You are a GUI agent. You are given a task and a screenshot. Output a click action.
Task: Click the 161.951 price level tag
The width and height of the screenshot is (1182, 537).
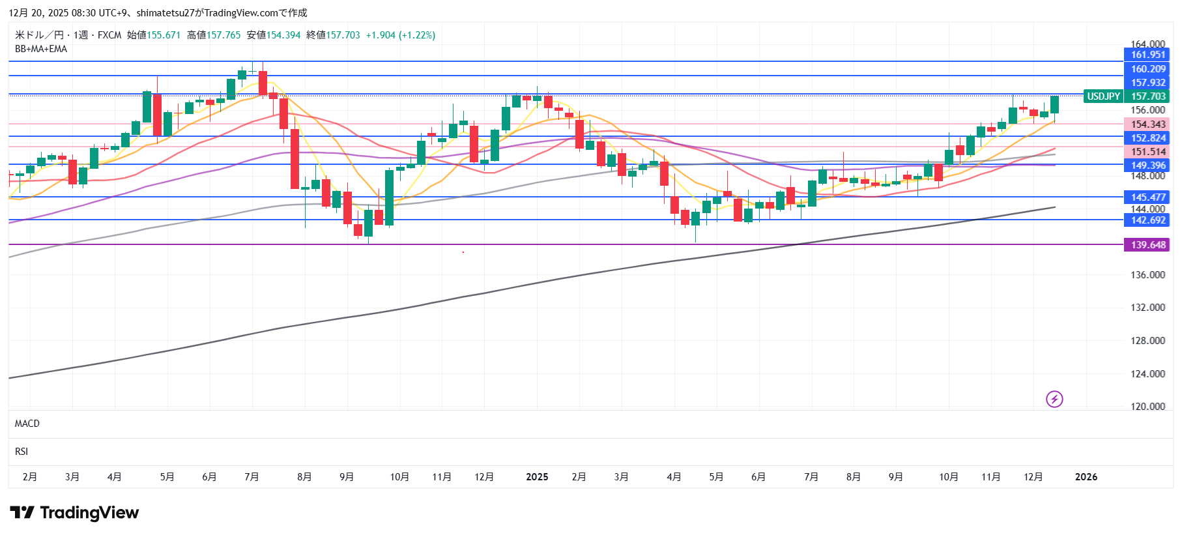pos(1147,55)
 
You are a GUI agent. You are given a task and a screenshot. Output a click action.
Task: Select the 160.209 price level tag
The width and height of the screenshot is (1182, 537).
pos(1147,69)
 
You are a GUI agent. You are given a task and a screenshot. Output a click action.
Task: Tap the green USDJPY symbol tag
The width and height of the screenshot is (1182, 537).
pos(1103,96)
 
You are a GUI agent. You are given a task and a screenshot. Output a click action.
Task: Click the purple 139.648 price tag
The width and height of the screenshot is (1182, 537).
pos(1147,245)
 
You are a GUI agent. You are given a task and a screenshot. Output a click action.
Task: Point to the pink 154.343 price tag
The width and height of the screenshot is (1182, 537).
pos(1147,124)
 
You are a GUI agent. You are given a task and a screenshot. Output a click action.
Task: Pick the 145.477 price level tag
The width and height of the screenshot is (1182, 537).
pos(1147,197)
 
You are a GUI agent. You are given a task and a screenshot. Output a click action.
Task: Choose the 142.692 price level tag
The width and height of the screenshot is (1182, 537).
pos(1147,220)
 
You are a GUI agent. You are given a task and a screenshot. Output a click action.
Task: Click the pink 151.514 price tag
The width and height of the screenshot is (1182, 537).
pos(1147,152)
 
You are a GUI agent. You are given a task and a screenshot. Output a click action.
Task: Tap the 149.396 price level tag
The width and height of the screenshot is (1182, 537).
pos(1147,166)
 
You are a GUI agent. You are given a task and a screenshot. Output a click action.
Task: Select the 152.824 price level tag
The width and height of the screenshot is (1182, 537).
pos(1147,138)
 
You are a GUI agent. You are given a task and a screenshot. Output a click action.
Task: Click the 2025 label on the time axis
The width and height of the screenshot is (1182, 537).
pos(537,477)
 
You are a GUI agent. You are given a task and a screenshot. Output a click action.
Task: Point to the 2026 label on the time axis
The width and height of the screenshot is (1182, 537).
pos(1086,477)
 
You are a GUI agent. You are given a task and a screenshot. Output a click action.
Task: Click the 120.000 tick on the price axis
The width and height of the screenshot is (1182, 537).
pos(1147,407)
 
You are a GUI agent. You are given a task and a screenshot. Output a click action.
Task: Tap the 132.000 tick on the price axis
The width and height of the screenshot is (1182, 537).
pos(1147,308)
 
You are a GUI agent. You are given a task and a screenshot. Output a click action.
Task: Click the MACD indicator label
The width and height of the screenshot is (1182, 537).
pos(27,424)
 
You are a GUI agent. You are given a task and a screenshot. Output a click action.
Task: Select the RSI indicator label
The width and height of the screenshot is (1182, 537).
pos(22,452)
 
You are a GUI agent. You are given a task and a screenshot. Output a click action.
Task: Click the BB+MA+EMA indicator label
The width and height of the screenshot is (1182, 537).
pos(41,49)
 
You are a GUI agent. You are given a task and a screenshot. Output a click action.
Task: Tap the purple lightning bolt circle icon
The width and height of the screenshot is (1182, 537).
pos(1054,399)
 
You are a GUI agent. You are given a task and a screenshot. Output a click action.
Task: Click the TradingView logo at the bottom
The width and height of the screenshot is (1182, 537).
pos(74,513)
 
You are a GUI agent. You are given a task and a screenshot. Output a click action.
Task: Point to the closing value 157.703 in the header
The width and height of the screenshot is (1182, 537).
pos(343,35)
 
